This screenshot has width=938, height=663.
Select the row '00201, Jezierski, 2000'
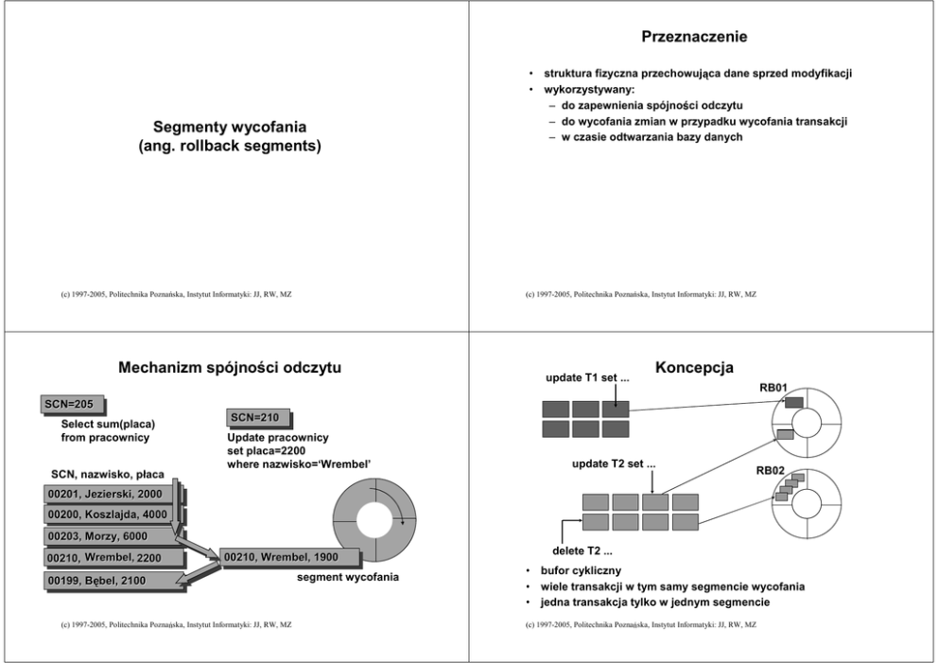click(105, 494)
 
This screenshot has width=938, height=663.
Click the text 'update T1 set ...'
click(588, 380)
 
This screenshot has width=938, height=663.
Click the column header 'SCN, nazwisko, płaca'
click(107, 473)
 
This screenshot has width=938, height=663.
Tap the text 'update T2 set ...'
click(615, 464)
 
